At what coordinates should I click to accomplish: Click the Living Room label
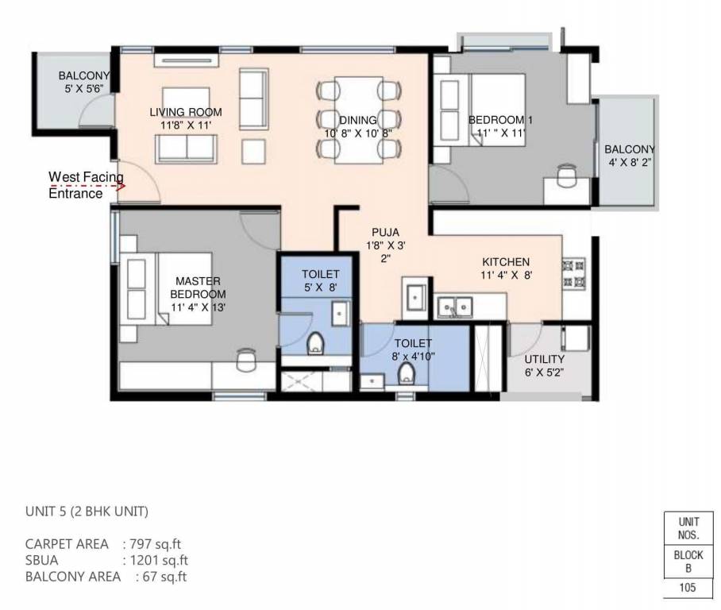point(186,118)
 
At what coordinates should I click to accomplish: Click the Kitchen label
point(506,268)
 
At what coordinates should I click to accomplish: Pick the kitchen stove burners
point(573,272)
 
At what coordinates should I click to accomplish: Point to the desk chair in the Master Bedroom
point(246,359)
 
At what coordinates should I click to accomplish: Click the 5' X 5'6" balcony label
point(83,83)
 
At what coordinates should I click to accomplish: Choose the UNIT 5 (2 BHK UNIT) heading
point(87,512)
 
